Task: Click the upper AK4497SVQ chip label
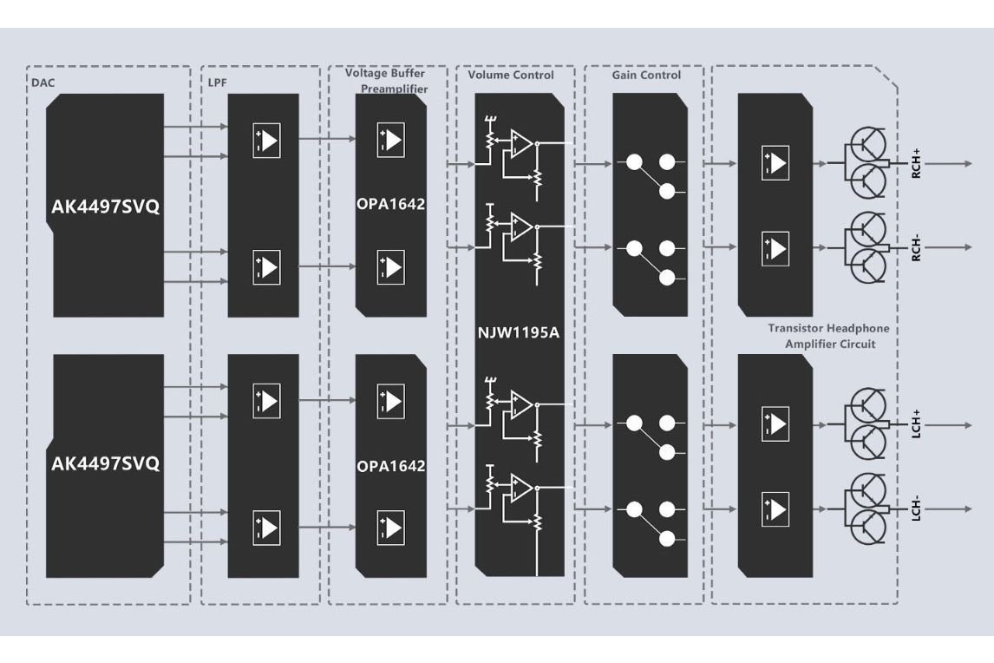(106, 208)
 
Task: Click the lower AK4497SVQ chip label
(106, 463)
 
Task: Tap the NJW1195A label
(520, 332)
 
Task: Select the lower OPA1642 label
(390, 466)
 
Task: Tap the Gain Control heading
(646, 75)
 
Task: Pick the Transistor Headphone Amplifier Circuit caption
(828, 336)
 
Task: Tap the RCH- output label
(916, 247)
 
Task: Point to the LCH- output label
(916, 509)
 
